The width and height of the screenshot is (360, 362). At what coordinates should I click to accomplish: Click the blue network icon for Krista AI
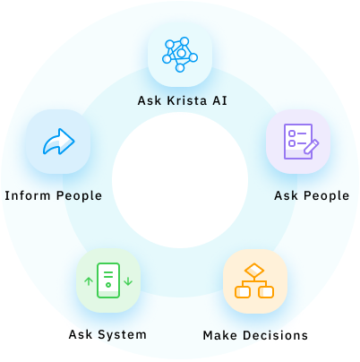pyautogui.click(x=180, y=55)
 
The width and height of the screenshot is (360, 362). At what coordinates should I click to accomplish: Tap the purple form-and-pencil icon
pyautogui.click(x=301, y=142)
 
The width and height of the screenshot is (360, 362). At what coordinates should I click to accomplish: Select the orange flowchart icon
pyautogui.click(x=254, y=280)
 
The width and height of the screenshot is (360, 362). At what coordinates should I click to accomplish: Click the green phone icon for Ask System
pyautogui.click(x=108, y=280)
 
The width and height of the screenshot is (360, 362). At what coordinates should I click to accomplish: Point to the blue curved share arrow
pyautogui.click(x=59, y=142)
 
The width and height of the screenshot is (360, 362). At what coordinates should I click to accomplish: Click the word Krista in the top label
pyautogui.click(x=187, y=100)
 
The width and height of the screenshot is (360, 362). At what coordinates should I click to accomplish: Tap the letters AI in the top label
pyautogui.click(x=220, y=100)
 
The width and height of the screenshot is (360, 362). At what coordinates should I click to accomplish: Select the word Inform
pyautogui.click(x=28, y=195)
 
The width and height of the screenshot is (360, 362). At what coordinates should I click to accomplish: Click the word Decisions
pyautogui.click(x=275, y=335)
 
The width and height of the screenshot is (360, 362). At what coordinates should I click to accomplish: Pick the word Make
pyautogui.click(x=220, y=335)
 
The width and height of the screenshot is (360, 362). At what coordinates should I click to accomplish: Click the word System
pyautogui.click(x=123, y=335)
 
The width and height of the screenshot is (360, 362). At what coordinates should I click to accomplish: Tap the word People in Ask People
pyautogui.click(x=327, y=196)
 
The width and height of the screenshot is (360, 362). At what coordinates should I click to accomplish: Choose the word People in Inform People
pyautogui.click(x=79, y=196)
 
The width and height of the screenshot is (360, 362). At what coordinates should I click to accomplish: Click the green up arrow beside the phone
pyautogui.click(x=89, y=281)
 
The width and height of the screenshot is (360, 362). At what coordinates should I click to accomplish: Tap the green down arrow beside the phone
pyautogui.click(x=128, y=281)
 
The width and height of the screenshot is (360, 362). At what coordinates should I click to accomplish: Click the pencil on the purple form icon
pyautogui.click(x=312, y=146)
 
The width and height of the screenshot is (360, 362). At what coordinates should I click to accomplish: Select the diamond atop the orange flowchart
pyautogui.click(x=254, y=271)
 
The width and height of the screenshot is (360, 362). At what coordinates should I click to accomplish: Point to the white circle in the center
pyautogui.click(x=180, y=180)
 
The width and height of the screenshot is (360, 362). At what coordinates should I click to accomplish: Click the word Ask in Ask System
pyautogui.click(x=81, y=334)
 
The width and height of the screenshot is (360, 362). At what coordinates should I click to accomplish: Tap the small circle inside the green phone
pyautogui.click(x=108, y=285)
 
